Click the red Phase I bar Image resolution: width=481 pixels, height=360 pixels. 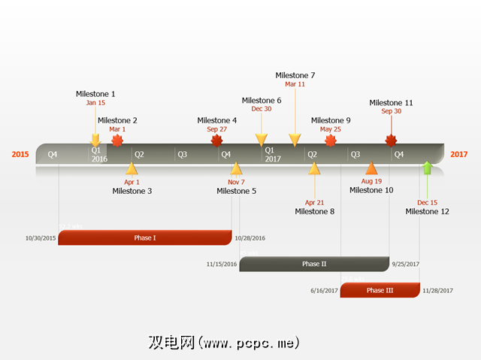click(144, 237)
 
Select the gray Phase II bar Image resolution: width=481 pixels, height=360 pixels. click(314, 264)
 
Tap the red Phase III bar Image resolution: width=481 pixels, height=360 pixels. click(380, 290)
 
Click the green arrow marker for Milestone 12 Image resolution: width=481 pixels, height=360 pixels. click(427, 168)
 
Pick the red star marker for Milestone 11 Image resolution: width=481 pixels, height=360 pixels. click(391, 141)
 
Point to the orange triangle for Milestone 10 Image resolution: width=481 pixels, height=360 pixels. click(371, 168)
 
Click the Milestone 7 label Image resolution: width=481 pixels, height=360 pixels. click(295, 75)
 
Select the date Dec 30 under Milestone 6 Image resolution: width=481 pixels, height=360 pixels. click(262, 109)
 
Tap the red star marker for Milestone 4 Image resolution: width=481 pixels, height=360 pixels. click(217, 141)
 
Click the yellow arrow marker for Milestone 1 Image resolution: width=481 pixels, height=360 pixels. click(95, 140)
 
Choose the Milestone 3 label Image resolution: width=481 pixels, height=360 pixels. click(132, 191)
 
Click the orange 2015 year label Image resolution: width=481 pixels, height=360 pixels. click(20, 155)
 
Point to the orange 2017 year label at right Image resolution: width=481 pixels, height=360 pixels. click(458, 155)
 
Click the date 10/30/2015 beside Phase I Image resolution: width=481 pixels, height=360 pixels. click(41, 238)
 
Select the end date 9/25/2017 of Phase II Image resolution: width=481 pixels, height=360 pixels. click(405, 265)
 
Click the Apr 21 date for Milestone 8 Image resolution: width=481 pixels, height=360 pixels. click(314, 202)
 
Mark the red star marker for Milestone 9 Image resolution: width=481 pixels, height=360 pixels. click(330, 141)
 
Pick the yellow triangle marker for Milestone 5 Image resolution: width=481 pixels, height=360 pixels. click(236, 168)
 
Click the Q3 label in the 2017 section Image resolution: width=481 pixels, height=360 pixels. click(355, 155)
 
